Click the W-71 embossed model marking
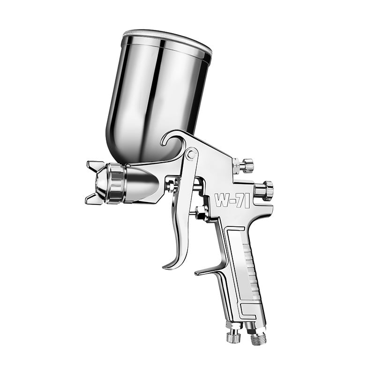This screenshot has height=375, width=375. (232, 200)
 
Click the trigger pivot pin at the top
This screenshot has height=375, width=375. (191, 155)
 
